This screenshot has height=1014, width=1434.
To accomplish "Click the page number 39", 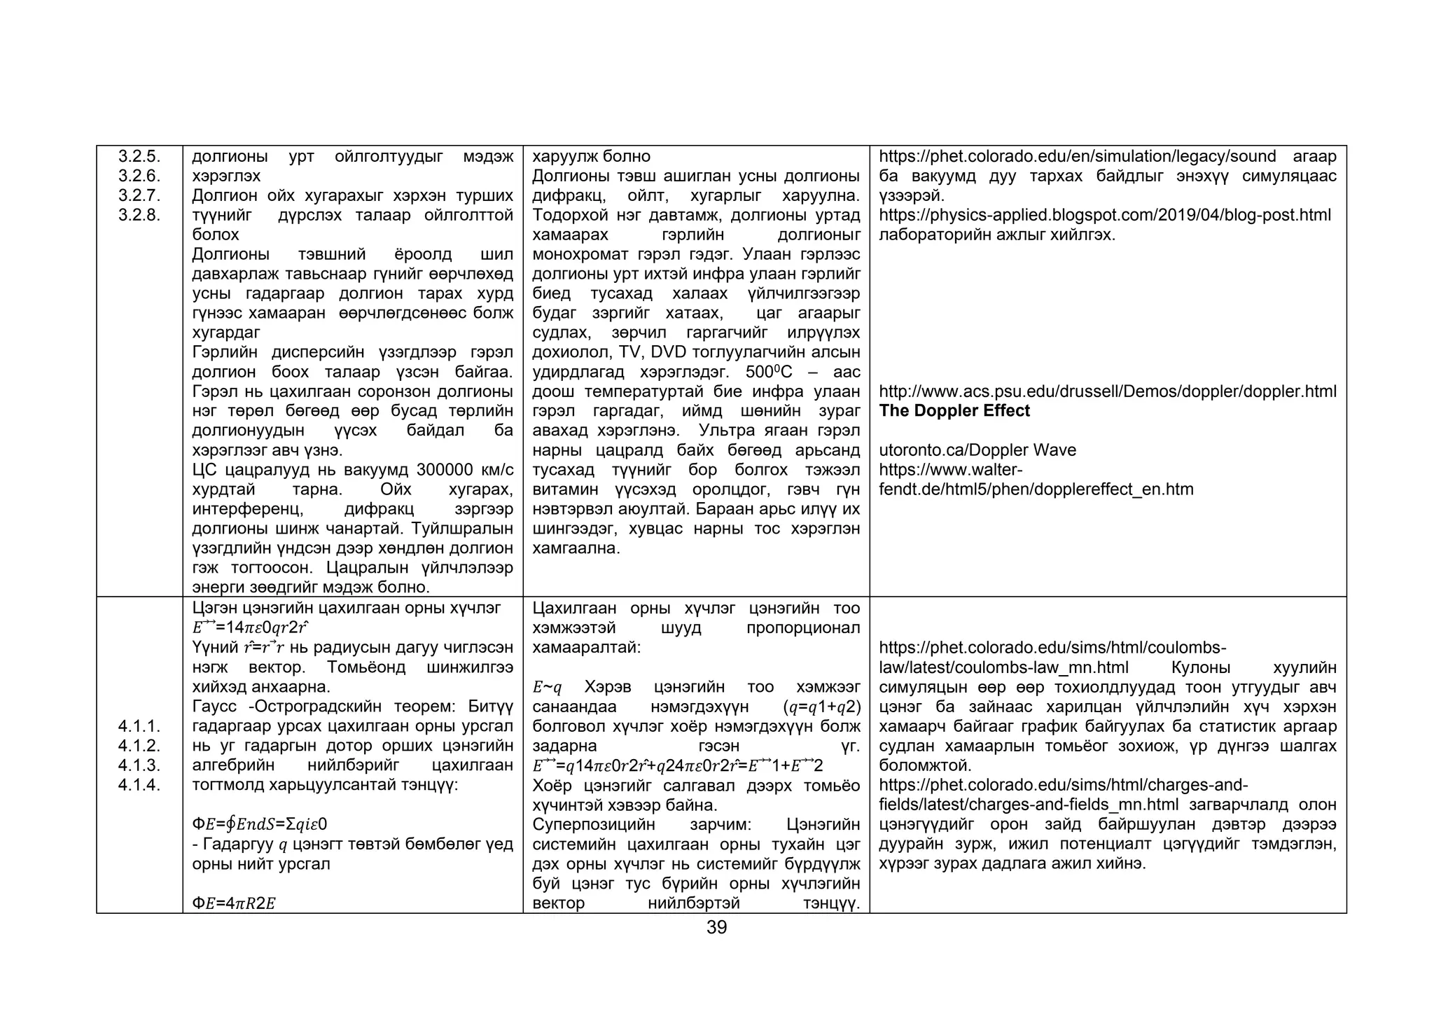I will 716,928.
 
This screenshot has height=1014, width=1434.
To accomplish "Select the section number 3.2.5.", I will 139,156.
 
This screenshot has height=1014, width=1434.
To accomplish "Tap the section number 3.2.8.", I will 139,215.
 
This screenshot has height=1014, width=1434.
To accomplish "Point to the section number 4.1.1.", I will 139,726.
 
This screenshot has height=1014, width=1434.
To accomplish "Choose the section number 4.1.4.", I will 139,785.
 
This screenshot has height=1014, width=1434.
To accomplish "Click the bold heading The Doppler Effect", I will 954,411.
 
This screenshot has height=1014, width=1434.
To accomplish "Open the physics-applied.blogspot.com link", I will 1105,215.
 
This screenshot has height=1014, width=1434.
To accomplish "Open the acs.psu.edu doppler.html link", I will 1108,391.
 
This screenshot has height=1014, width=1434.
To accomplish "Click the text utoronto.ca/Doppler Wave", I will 977,450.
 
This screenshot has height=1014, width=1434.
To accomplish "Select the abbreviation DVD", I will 674,352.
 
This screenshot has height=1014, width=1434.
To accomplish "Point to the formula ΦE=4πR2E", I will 234,903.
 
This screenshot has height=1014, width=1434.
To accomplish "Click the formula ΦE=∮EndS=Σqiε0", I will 259,824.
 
